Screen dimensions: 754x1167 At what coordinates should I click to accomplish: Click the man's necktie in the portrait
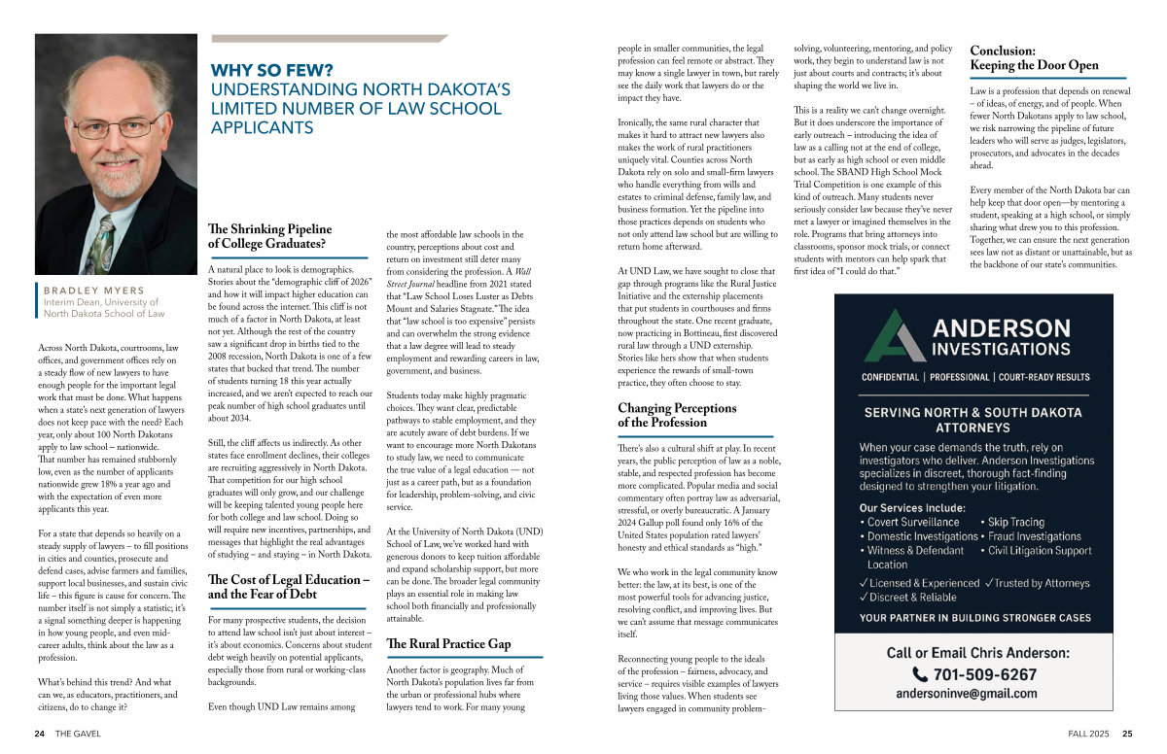101,238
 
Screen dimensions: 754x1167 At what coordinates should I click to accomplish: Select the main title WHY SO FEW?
272,70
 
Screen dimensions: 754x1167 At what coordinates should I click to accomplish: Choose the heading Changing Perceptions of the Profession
677,415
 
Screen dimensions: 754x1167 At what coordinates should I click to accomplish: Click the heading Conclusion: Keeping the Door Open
1034,58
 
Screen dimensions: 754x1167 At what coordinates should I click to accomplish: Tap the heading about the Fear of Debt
289,587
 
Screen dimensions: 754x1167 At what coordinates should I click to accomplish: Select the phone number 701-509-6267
984,674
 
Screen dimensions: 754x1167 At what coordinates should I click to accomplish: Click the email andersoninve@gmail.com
966,694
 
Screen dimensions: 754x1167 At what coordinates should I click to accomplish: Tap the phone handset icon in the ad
920,674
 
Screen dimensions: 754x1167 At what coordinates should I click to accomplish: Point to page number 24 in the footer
40,734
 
